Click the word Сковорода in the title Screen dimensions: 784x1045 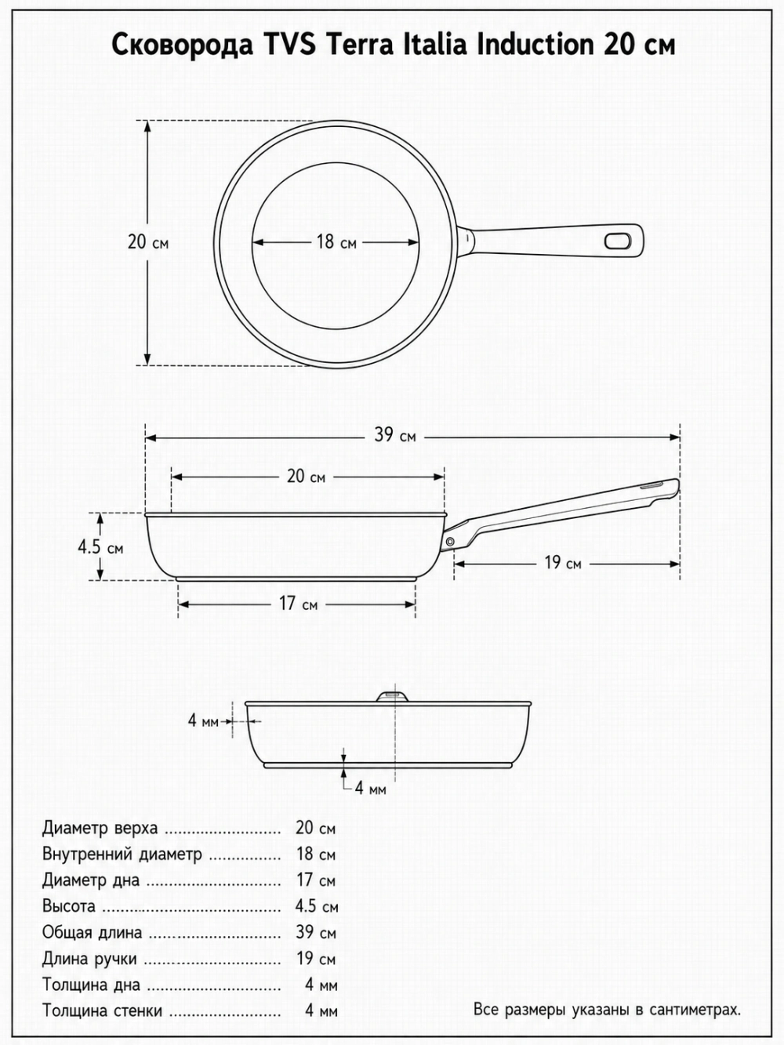(x=182, y=46)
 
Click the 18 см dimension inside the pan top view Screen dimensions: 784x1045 (x=336, y=242)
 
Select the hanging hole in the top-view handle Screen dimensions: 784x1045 (x=617, y=241)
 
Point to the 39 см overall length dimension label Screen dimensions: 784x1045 (x=394, y=435)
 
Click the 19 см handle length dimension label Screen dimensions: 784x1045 (x=563, y=563)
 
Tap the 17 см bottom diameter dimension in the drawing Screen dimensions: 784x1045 (x=299, y=604)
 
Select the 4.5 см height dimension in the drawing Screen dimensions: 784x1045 (x=101, y=547)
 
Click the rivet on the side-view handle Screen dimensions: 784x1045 (x=449, y=541)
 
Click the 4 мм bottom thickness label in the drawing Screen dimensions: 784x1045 (x=371, y=789)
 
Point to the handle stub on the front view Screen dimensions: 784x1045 (x=392, y=696)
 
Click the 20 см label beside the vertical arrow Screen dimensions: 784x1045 (x=148, y=242)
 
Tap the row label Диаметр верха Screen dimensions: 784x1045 (x=100, y=829)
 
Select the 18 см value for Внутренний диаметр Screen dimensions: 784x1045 (x=316, y=854)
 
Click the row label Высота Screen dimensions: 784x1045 (x=69, y=905)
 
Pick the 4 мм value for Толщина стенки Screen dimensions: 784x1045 (x=321, y=1011)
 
